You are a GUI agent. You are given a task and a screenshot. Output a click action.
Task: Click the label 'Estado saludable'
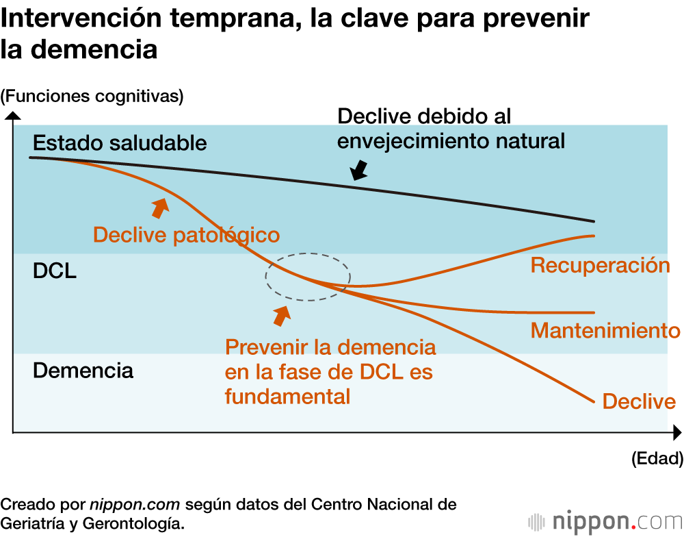pos(120,143)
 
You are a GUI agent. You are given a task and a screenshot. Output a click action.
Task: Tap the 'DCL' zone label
pos(55,271)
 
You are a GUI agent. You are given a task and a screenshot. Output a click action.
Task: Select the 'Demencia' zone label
pos(83,371)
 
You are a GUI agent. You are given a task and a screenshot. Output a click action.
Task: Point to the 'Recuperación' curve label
pos(600,265)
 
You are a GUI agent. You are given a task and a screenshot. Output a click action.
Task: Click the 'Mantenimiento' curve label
pos(605,331)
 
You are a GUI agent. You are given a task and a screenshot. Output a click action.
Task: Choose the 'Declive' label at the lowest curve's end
pos(639,401)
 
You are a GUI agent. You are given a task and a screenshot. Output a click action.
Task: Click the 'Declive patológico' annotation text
pos(186,235)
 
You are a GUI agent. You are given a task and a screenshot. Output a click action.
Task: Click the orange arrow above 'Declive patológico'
pos(160,206)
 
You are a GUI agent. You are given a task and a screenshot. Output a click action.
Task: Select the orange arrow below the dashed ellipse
pos(281,315)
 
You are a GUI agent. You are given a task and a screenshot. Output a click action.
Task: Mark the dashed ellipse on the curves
pos(308,276)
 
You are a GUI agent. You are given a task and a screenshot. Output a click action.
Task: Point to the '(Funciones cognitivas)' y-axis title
pos(92,96)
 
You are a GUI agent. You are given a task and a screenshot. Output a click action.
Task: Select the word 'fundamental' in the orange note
pos(287,396)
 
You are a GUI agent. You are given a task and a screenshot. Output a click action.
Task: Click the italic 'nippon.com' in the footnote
pos(135,505)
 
